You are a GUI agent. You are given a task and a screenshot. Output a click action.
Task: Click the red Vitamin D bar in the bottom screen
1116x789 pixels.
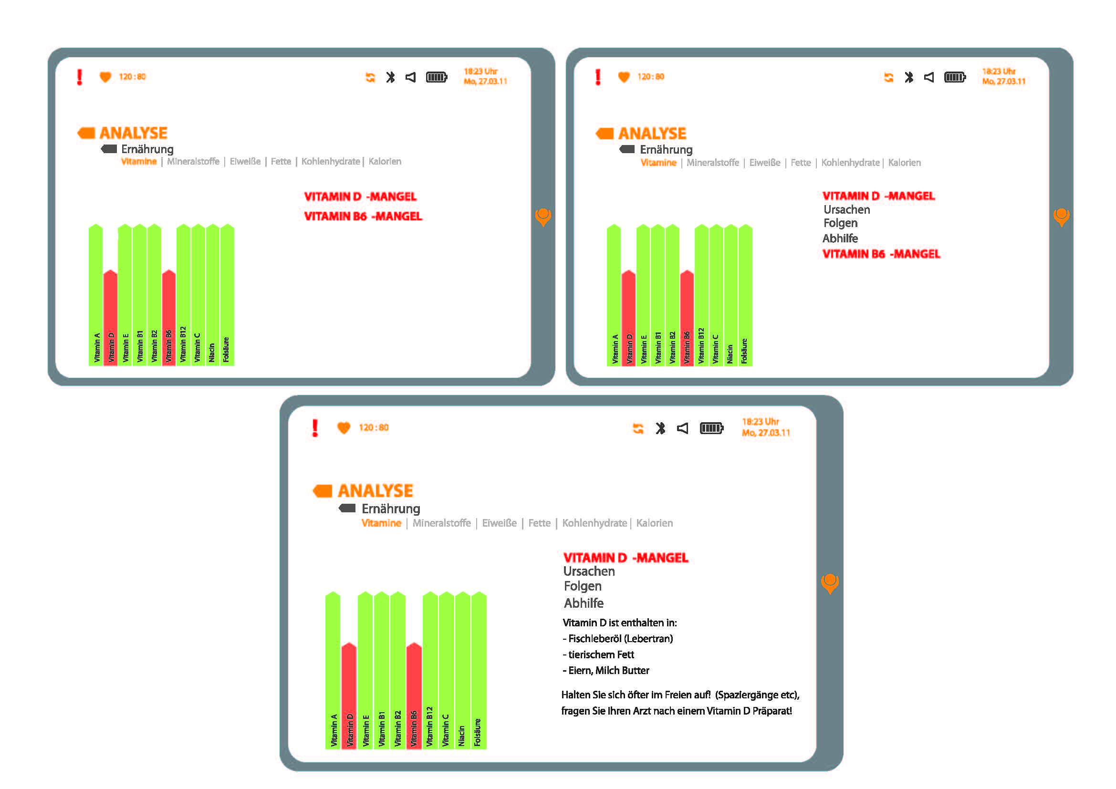(x=348, y=695)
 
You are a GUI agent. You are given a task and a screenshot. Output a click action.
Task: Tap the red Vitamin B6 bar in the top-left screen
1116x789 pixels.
(x=168, y=316)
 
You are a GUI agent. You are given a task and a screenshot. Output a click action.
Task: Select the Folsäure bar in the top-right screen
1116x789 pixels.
(x=745, y=296)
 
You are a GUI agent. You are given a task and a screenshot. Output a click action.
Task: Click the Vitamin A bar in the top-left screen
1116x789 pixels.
(x=96, y=296)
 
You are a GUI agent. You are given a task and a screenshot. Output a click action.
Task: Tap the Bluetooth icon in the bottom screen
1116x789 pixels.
(x=660, y=428)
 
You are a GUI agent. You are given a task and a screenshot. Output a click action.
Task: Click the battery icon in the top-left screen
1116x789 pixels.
(x=436, y=77)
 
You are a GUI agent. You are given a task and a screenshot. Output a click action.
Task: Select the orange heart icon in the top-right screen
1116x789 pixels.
(x=624, y=77)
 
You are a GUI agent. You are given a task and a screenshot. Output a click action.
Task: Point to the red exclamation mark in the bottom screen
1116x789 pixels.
(x=315, y=428)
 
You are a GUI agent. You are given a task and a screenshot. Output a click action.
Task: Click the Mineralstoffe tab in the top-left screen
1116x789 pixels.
(x=193, y=161)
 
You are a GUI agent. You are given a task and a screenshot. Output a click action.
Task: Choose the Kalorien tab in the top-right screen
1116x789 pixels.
(x=904, y=163)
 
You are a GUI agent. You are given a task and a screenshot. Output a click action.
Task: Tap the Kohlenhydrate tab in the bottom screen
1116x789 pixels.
(x=594, y=523)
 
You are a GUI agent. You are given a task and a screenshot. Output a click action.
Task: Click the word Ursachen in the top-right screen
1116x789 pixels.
(x=847, y=210)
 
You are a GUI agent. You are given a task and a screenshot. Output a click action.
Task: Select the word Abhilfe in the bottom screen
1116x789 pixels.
(x=583, y=603)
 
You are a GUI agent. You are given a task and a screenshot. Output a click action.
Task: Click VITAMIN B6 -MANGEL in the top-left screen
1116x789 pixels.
(x=363, y=216)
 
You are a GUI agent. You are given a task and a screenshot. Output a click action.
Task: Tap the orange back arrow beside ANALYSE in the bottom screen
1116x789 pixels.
(x=323, y=491)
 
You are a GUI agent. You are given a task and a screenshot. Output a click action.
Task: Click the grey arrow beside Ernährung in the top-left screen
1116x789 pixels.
(x=109, y=149)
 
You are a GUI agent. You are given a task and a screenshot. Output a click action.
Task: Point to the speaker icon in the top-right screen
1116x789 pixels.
(x=929, y=77)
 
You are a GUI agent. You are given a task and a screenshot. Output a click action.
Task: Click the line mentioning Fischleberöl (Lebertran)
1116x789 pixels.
(x=617, y=639)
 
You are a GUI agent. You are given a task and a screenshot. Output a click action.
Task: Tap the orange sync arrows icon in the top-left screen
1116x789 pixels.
(x=370, y=77)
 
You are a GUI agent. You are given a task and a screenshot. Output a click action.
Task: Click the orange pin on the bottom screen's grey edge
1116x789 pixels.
(x=830, y=582)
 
